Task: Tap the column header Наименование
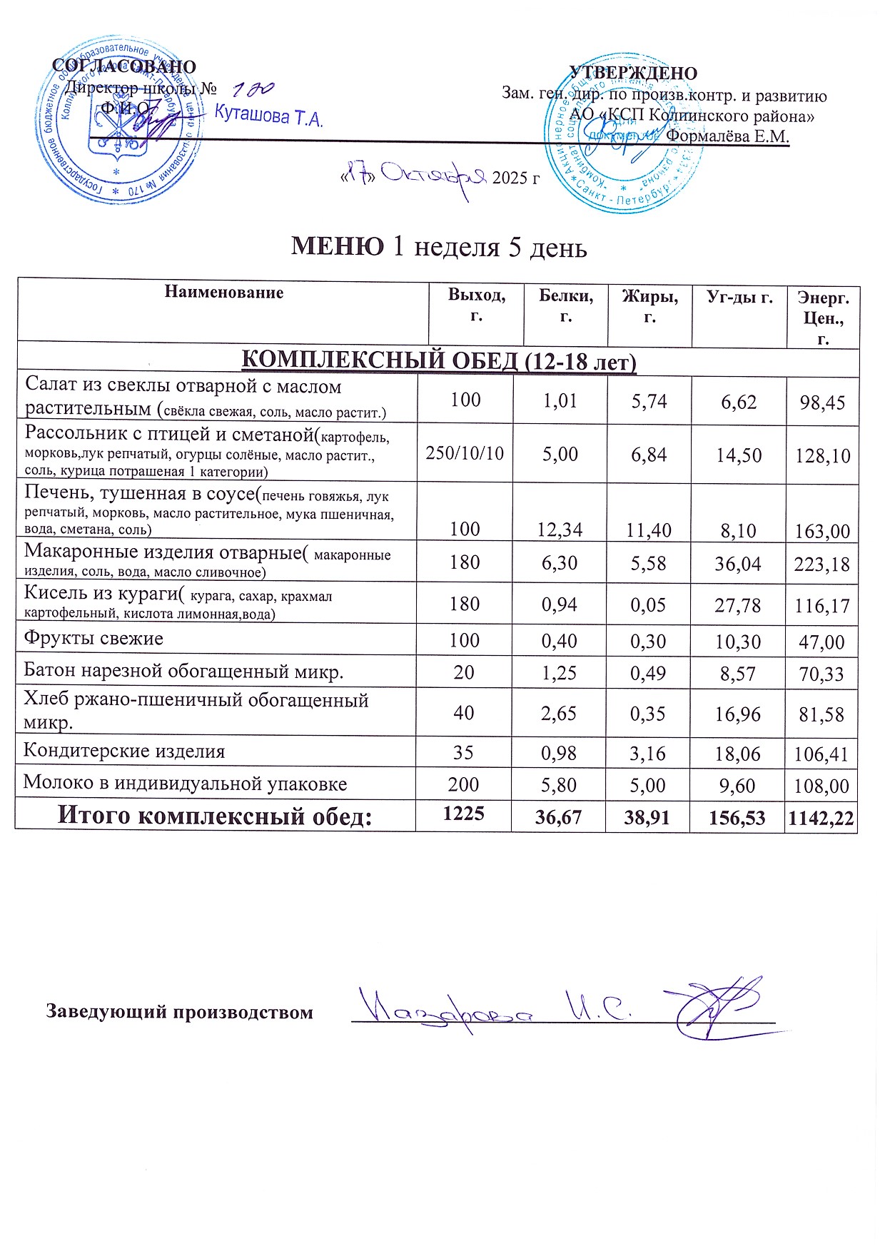[224, 292]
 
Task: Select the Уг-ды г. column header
[739, 297]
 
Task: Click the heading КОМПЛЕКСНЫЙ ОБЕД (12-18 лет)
[438, 361]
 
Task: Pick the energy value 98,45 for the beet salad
[823, 402]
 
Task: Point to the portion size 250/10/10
[465, 453]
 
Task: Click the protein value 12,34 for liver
[560, 530]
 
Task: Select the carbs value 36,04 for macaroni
[739, 564]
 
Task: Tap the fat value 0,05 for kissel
[648, 605]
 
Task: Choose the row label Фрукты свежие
[93, 638]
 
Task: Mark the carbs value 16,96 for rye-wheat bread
[739, 714]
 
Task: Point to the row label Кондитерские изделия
[124, 751]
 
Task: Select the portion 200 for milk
[464, 785]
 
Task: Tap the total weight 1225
[464, 814]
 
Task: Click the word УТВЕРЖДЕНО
[633, 74]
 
